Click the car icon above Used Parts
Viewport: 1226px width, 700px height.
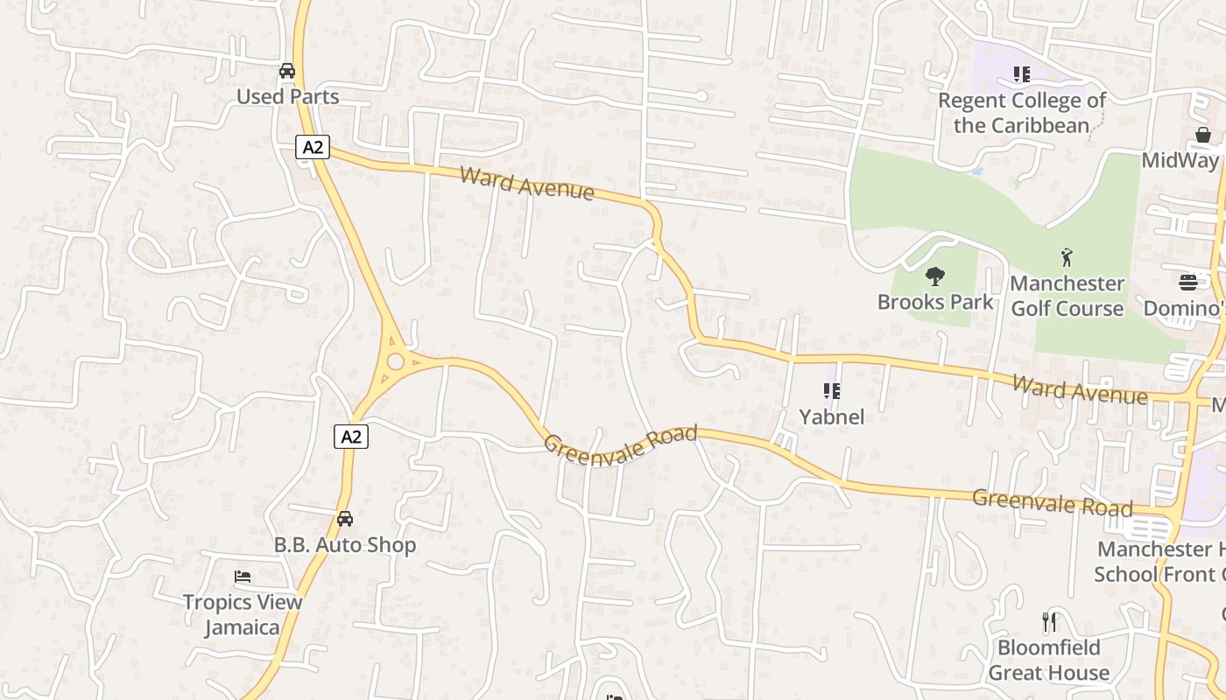click(287, 71)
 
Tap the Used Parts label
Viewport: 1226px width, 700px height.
click(287, 96)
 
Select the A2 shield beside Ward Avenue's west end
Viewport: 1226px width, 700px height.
click(312, 147)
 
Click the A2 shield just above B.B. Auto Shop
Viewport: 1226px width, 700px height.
click(350, 436)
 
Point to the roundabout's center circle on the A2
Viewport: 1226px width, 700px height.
click(396, 360)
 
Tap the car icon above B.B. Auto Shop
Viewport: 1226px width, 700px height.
click(345, 519)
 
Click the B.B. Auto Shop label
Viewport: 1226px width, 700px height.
click(345, 545)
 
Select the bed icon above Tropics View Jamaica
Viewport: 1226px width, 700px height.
click(243, 577)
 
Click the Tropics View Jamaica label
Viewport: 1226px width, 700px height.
click(243, 614)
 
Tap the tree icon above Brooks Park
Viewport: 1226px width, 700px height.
click(935, 277)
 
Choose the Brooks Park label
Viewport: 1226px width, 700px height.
click(935, 302)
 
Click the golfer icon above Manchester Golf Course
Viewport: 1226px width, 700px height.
click(1067, 257)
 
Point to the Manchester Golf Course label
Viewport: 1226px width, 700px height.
click(1067, 296)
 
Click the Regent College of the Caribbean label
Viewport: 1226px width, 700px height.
click(1022, 113)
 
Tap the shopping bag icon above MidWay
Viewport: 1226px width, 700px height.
click(1203, 135)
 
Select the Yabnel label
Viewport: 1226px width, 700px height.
click(832, 416)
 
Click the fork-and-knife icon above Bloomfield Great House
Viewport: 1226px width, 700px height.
click(1049, 622)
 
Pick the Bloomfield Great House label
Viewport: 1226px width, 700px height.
click(1049, 661)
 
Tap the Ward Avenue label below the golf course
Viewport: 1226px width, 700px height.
click(1079, 389)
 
